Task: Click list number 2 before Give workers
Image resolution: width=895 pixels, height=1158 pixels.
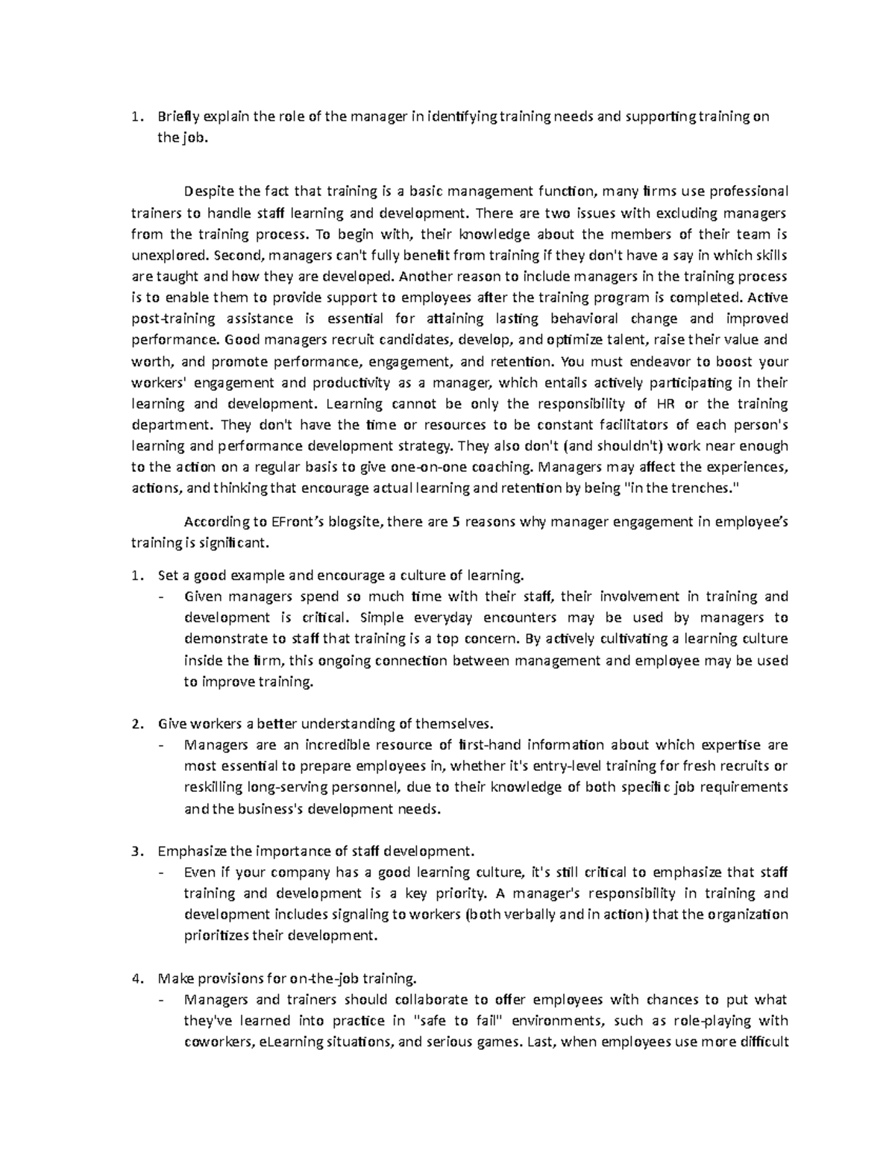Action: coord(135,723)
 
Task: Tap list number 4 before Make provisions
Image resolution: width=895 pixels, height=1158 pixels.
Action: coord(135,978)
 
